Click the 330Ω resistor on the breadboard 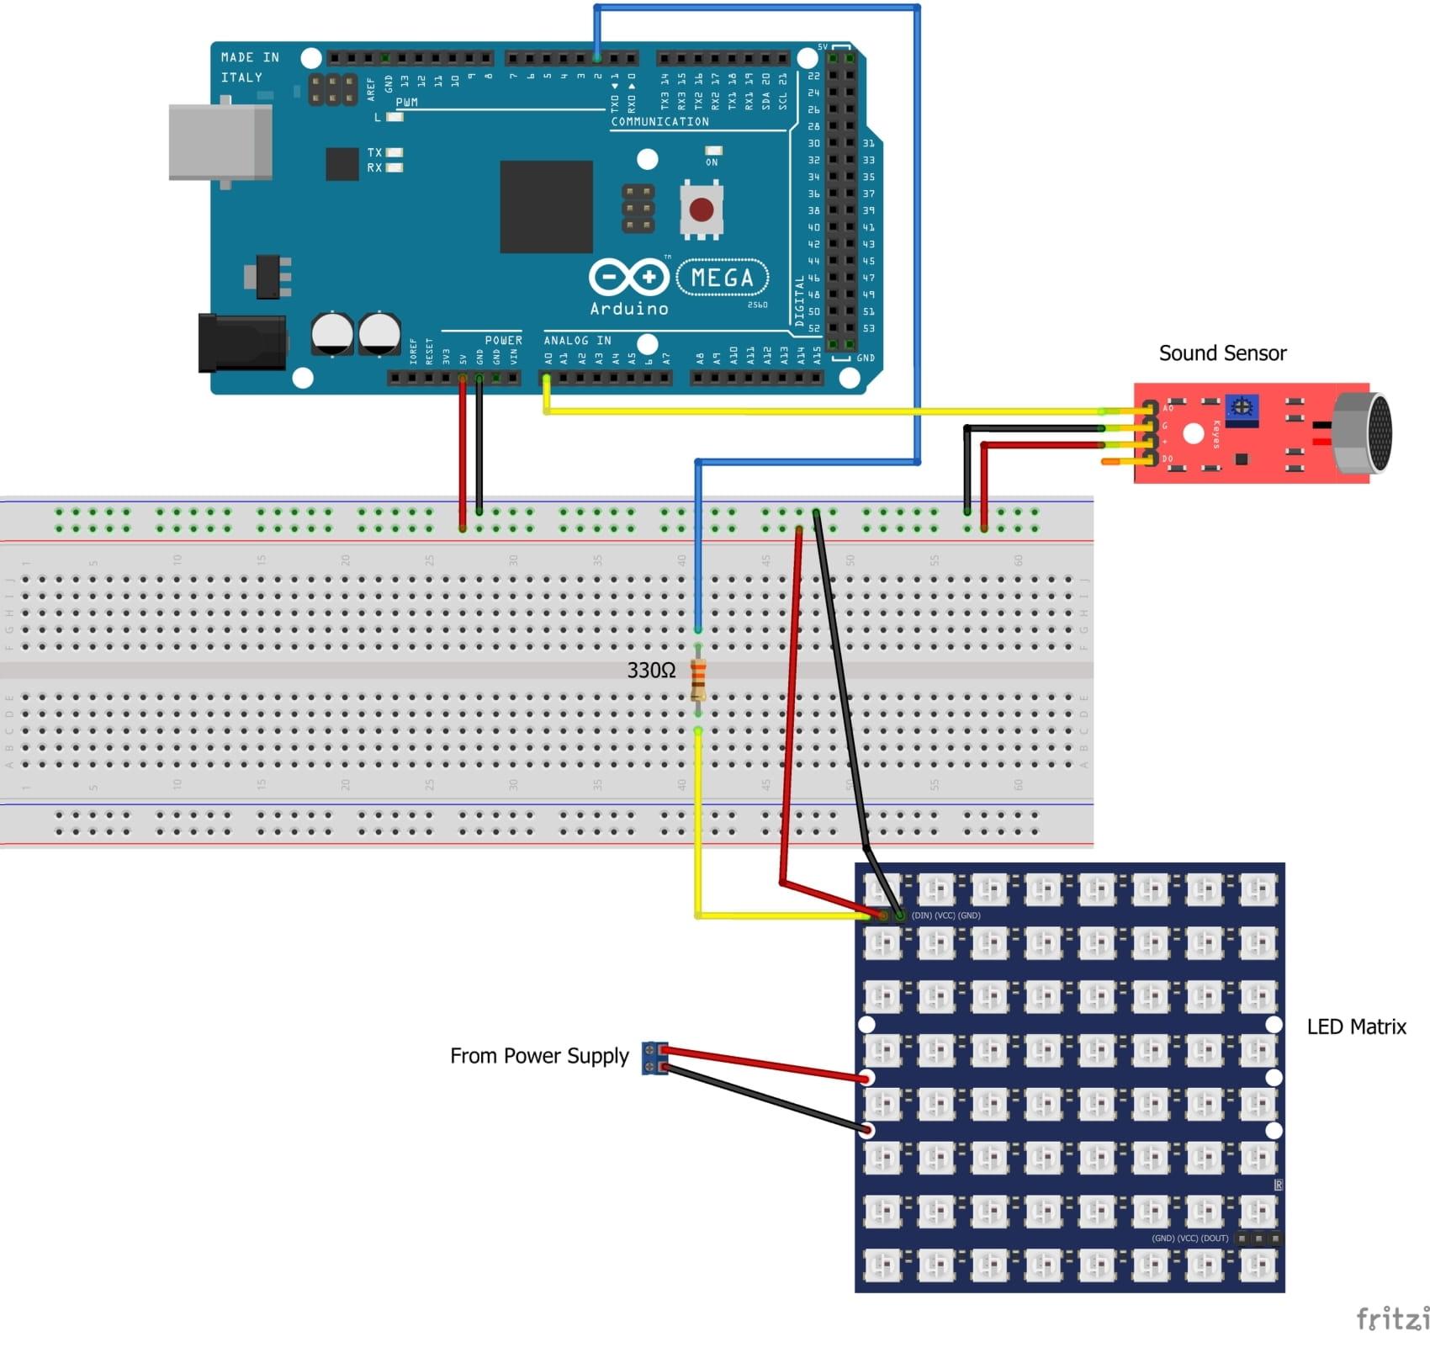click(x=697, y=680)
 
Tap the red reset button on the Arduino click(x=701, y=209)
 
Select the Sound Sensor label click(x=1221, y=353)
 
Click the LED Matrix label click(x=1355, y=1026)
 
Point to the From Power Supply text click(x=538, y=1056)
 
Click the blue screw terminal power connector click(x=653, y=1058)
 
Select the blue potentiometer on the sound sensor click(x=1241, y=409)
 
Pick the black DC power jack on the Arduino click(x=241, y=342)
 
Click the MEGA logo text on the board click(x=722, y=278)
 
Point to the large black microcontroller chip click(x=546, y=206)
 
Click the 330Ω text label click(x=651, y=671)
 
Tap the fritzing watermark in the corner click(x=1392, y=1318)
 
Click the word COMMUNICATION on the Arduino click(x=659, y=122)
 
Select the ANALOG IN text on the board click(x=577, y=341)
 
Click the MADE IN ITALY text click(x=249, y=67)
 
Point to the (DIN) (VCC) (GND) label click(x=945, y=915)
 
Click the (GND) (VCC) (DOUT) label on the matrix click(x=1189, y=1239)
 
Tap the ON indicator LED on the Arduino click(x=713, y=151)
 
